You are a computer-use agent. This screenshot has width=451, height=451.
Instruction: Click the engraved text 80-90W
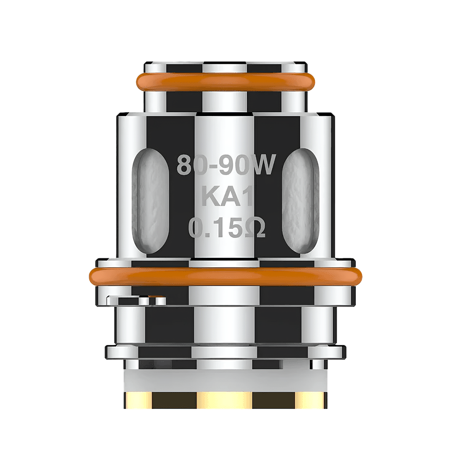click(x=226, y=165)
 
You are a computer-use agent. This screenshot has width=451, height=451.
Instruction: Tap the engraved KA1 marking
click(x=228, y=197)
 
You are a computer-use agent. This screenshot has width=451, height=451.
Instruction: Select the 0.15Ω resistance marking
click(x=227, y=228)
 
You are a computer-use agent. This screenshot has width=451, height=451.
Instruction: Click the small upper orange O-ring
click(x=225, y=81)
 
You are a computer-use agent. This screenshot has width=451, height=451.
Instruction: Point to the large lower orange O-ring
click(x=225, y=276)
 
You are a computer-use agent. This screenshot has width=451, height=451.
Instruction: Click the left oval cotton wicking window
click(x=151, y=201)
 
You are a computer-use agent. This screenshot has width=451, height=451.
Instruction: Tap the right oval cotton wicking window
click(x=301, y=201)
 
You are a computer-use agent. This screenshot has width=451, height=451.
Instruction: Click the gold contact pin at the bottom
click(x=225, y=400)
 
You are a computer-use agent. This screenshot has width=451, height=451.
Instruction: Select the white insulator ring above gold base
click(x=225, y=380)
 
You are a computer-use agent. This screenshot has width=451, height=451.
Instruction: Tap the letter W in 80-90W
click(x=262, y=165)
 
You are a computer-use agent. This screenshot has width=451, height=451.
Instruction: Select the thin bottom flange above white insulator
click(x=225, y=352)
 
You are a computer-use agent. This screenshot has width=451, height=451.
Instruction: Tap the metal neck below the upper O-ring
click(x=225, y=101)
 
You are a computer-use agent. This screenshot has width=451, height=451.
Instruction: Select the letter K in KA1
click(x=209, y=197)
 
